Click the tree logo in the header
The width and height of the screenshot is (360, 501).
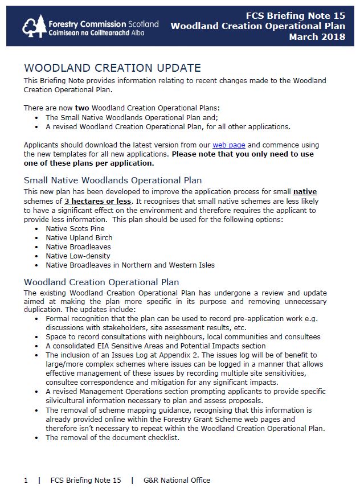(x=33, y=26)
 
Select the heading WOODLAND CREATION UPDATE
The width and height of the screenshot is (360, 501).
(x=112, y=68)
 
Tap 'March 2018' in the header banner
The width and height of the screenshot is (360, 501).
(x=317, y=37)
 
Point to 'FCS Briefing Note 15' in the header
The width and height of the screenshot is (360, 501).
(x=296, y=15)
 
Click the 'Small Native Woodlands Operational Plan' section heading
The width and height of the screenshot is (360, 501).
(x=113, y=180)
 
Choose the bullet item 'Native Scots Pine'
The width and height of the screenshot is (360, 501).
(x=75, y=228)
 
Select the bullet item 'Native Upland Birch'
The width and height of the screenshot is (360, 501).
(x=79, y=237)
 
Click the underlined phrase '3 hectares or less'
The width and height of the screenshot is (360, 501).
(x=98, y=201)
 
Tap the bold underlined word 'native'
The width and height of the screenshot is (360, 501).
(x=305, y=192)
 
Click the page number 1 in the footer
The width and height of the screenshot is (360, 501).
(x=26, y=481)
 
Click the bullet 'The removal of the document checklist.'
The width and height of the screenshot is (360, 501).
(x=112, y=437)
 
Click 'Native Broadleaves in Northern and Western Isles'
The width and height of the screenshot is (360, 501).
(x=130, y=265)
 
